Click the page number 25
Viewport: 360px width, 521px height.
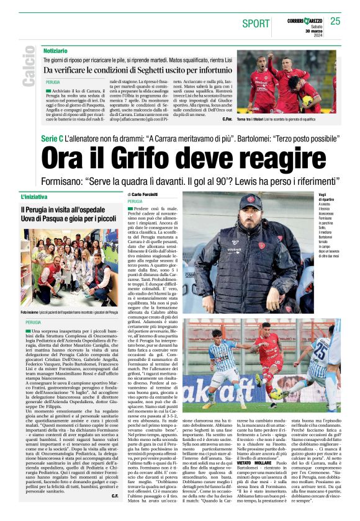click(x=335, y=21)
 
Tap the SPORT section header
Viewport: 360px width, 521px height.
click(x=256, y=24)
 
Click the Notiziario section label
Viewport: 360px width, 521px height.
click(x=56, y=50)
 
